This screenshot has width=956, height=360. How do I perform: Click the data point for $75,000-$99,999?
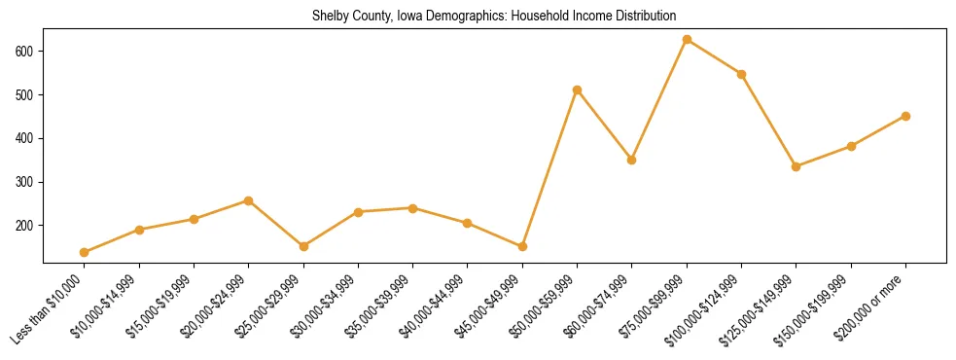(x=687, y=40)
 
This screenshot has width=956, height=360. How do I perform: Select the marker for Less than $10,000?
(x=85, y=252)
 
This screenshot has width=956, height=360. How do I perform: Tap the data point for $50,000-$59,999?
(x=578, y=90)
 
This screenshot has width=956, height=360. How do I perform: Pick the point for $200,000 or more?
(x=905, y=116)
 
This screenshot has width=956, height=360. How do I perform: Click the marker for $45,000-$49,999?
(x=522, y=246)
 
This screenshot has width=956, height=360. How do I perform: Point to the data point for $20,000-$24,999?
(x=249, y=200)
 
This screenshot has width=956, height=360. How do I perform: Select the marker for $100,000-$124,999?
(x=741, y=74)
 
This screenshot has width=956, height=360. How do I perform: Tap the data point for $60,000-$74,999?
(x=632, y=160)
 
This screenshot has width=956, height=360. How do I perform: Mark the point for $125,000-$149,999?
(x=797, y=166)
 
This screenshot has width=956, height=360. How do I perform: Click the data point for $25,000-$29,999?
(x=303, y=246)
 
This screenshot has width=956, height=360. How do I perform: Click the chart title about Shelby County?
(x=494, y=17)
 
